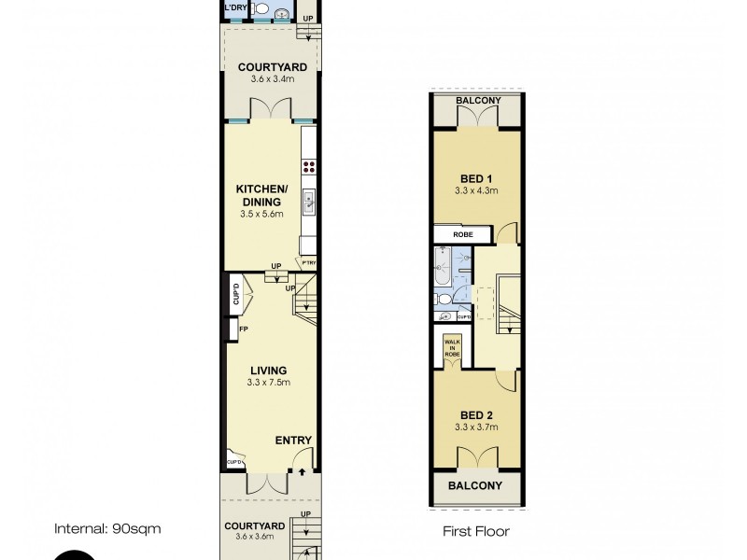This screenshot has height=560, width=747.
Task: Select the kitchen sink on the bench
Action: [307, 200]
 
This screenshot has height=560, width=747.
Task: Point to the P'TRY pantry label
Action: [308, 263]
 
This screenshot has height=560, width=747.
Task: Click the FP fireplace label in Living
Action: [243, 329]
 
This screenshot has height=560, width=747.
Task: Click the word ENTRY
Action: [293, 441]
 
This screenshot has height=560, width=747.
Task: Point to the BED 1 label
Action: [476, 177]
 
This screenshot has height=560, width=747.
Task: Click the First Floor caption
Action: [476, 532]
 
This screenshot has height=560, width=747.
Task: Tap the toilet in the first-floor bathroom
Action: [444, 300]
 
